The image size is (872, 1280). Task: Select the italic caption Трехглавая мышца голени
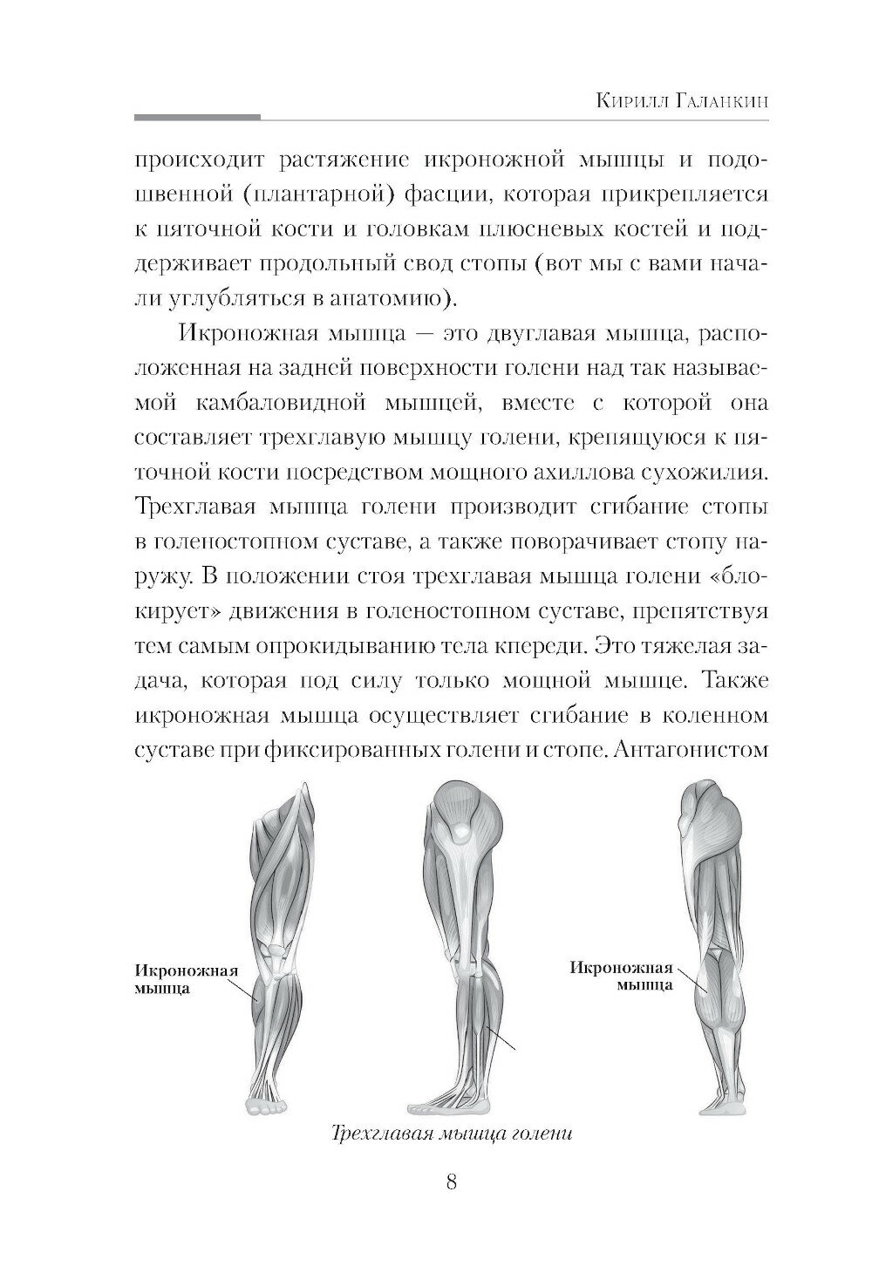tap(451, 1134)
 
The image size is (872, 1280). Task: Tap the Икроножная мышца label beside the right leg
tap(621, 977)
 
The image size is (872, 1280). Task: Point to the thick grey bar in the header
tap(198, 116)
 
